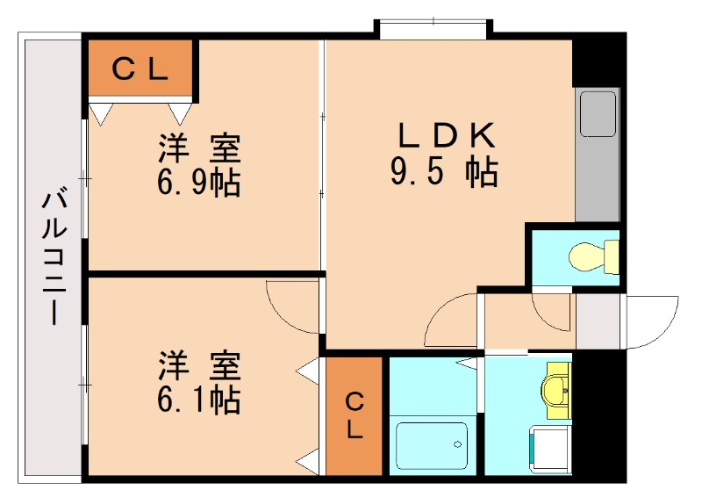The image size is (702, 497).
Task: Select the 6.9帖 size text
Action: (x=199, y=183)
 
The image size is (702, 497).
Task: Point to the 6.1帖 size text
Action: (x=199, y=400)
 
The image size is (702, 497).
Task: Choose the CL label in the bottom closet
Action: (x=355, y=416)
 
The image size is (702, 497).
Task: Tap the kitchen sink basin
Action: (x=598, y=114)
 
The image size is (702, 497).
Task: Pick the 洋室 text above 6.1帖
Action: (x=199, y=364)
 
